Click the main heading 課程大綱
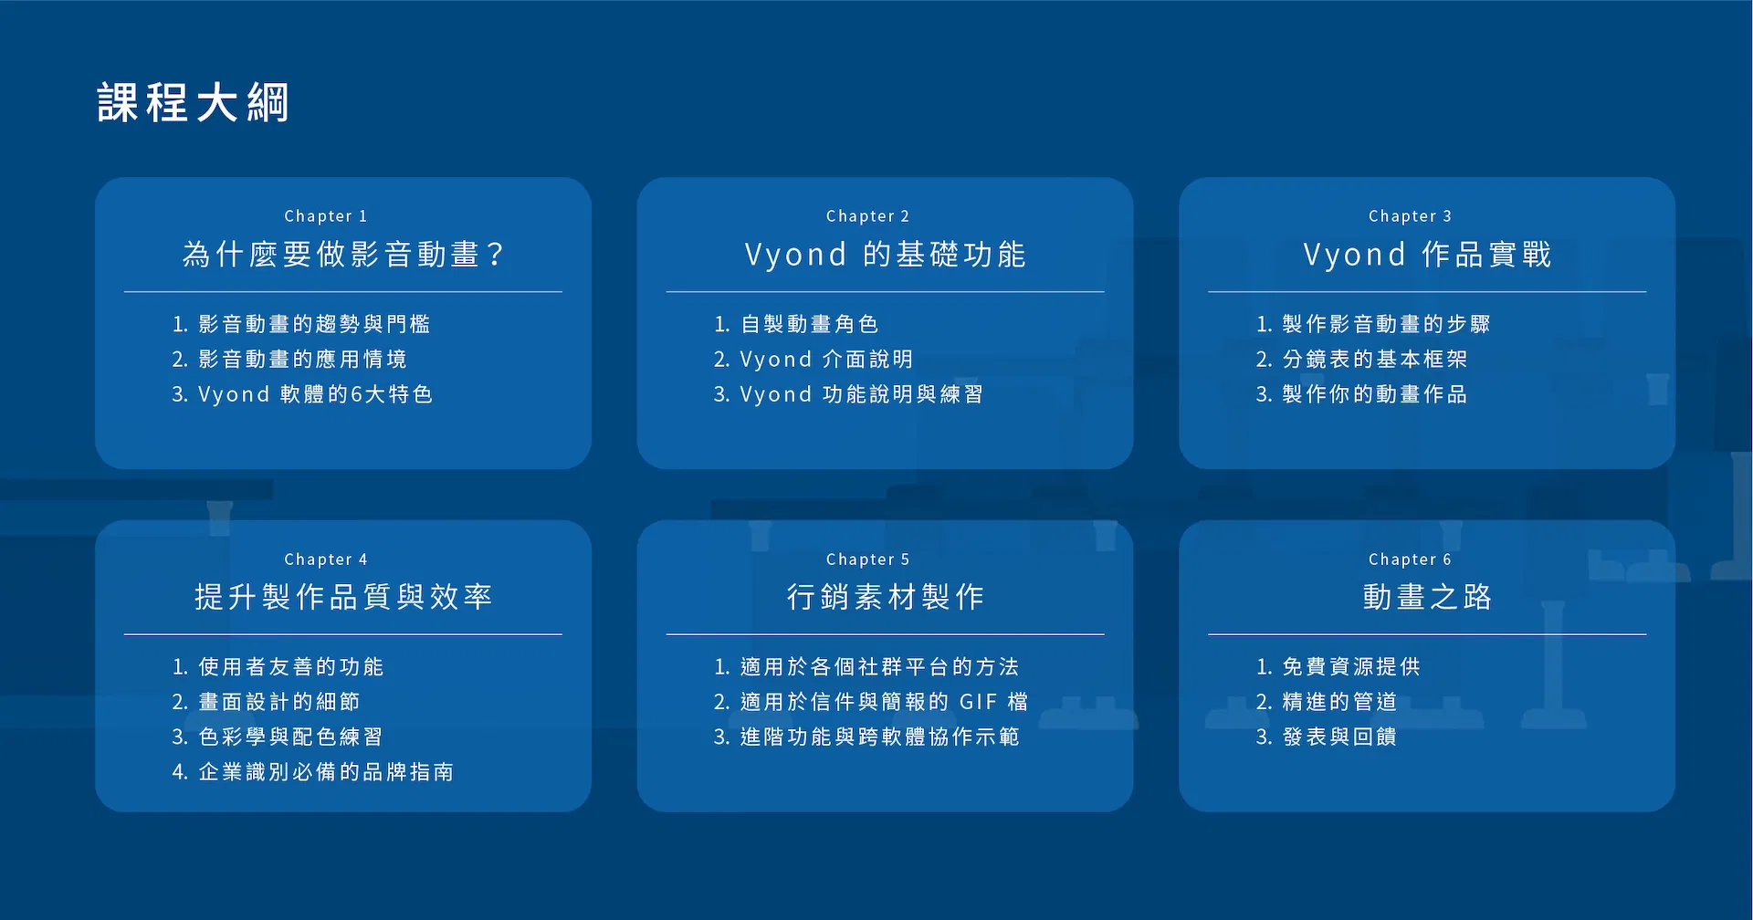click(x=194, y=102)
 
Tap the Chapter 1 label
click(x=326, y=216)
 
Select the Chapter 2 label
click(x=867, y=216)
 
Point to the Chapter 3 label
click(x=1410, y=216)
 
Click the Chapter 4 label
click(x=326, y=559)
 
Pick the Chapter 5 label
click(x=867, y=559)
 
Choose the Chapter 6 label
click(x=1410, y=559)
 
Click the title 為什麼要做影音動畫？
click(x=343, y=254)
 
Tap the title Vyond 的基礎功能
click(x=885, y=254)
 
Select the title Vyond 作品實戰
click(x=1427, y=254)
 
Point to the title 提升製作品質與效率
click(x=343, y=597)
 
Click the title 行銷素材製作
click(x=885, y=597)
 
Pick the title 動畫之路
click(x=1427, y=597)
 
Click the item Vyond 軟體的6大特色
click(x=315, y=394)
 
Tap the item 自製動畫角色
click(x=809, y=324)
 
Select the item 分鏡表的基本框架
click(x=1375, y=360)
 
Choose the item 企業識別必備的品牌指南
click(x=326, y=772)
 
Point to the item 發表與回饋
click(x=1339, y=737)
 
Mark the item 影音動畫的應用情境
click(x=302, y=360)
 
